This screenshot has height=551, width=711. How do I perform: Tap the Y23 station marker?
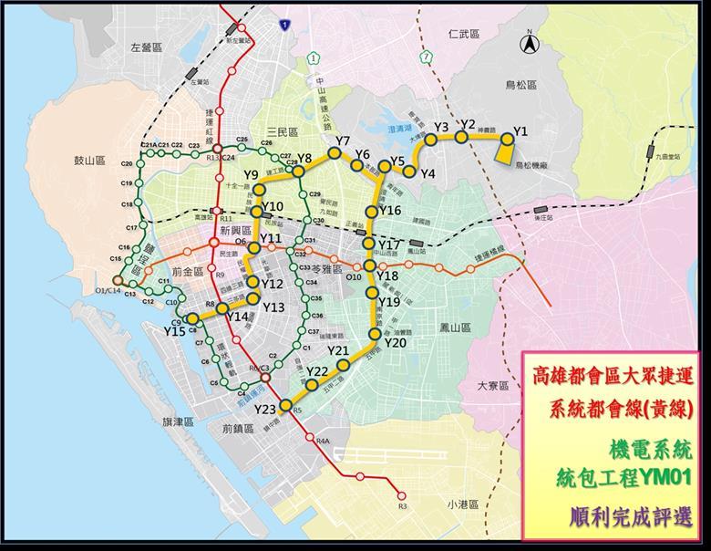click(x=285, y=405)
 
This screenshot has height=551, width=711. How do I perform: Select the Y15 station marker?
click(x=193, y=320)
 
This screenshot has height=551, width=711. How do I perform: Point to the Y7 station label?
click(x=343, y=140)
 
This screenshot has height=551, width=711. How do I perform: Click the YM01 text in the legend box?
click(x=662, y=476)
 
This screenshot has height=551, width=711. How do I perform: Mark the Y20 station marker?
click(x=374, y=334)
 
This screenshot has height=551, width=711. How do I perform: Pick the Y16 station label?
click(x=390, y=211)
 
